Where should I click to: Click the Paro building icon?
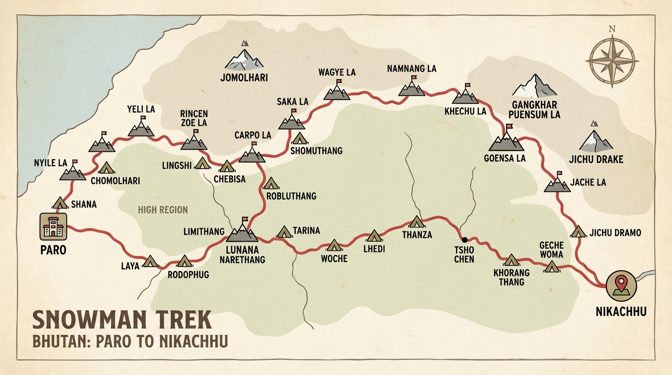53,227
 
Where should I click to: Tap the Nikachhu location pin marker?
621,286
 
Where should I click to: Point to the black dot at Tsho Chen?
464,239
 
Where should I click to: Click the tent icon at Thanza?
417,222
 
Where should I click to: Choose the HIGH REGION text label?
163,210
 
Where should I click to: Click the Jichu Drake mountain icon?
596,141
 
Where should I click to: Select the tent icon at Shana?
60,203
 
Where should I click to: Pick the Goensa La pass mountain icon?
506,142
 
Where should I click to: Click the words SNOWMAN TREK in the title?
122,320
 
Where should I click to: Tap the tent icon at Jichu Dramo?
578,231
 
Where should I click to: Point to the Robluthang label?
291,196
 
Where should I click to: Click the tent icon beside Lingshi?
202,164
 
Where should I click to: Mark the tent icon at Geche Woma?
551,267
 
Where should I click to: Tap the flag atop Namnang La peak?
414,77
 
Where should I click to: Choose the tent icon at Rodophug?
185,261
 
